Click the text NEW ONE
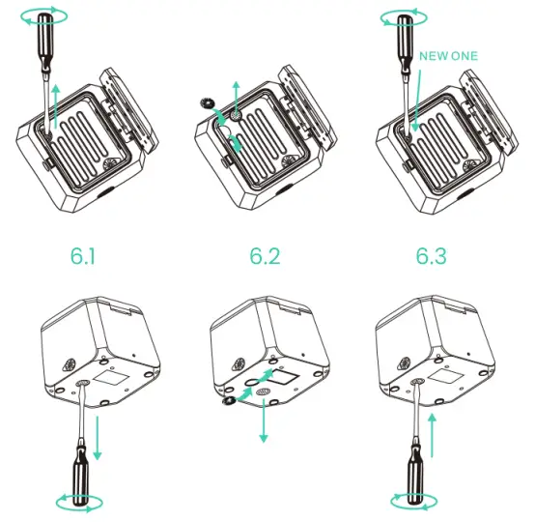[448, 56]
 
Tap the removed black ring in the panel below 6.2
[228, 398]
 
